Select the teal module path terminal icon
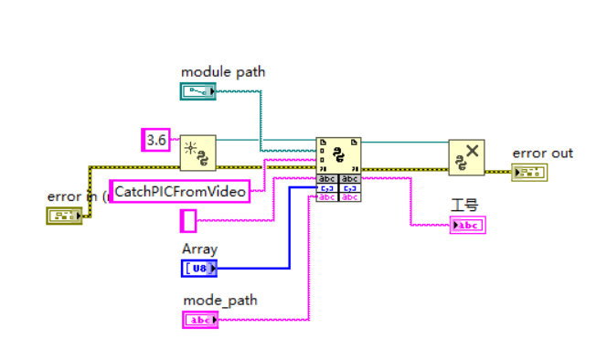click(x=198, y=90)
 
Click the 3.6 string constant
click(x=156, y=140)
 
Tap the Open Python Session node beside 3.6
click(x=197, y=154)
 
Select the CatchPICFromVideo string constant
click(x=180, y=191)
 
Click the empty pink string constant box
click(x=188, y=220)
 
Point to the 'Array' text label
click(x=199, y=249)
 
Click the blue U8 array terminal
click(x=199, y=268)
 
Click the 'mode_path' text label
click(x=219, y=300)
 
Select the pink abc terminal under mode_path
click(x=200, y=319)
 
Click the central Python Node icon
click(x=338, y=154)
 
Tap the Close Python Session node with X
click(x=466, y=156)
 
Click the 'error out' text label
click(x=542, y=153)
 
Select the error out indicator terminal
click(x=529, y=173)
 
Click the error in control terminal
click(x=62, y=216)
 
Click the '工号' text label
click(x=464, y=206)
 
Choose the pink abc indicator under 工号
click(x=467, y=225)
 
